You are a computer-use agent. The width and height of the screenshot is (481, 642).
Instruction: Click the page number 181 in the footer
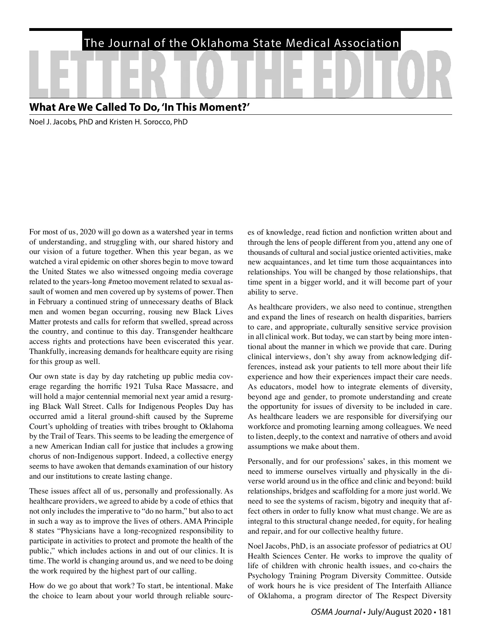445,612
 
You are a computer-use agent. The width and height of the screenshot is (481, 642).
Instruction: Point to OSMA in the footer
322,612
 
